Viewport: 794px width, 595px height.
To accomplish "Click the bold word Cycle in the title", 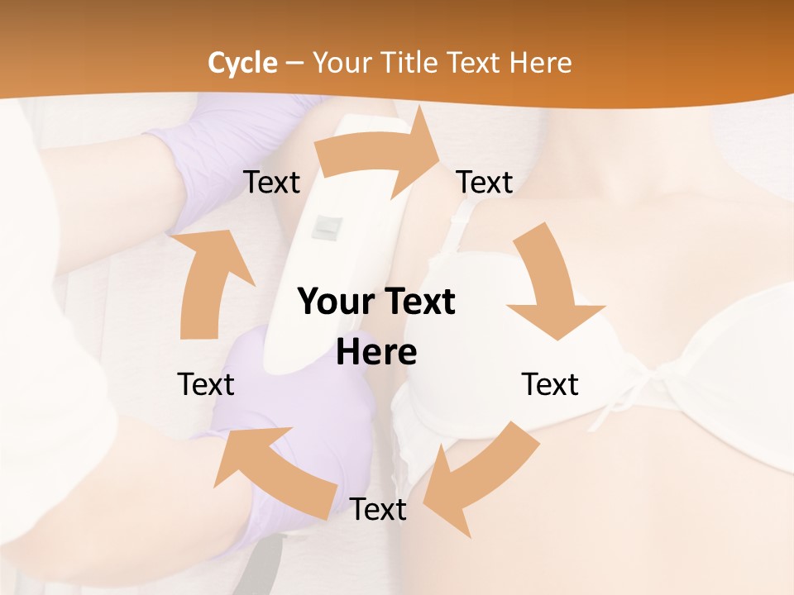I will point(242,62).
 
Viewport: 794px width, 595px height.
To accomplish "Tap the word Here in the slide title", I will point(542,62).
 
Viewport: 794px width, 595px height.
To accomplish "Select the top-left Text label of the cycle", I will point(271,182).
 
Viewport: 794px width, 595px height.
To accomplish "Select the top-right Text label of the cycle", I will point(485,182).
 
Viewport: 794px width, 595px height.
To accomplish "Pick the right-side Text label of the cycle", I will point(550,384).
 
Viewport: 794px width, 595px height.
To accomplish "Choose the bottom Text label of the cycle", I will point(378,509).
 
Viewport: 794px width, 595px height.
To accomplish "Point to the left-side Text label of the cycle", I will point(206,384).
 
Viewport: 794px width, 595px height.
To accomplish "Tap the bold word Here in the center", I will point(376,352).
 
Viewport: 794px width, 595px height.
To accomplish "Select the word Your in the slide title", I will point(341,62).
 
